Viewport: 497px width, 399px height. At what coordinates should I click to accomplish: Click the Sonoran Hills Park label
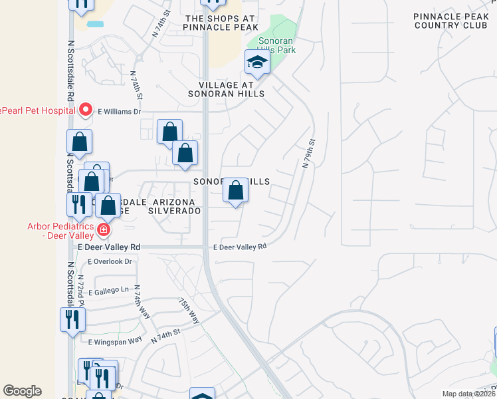click(x=277, y=45)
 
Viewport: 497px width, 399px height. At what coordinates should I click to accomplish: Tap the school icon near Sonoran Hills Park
click(x=257, y=64)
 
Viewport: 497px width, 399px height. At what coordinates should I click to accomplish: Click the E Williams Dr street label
click(x=120, y=112)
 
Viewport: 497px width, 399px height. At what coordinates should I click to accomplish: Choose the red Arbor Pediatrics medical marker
click(x=103, y=230)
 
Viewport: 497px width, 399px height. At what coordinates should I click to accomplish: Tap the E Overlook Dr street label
click(x=110, y=261)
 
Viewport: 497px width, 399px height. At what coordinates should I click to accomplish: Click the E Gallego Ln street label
click(x=106, y=290)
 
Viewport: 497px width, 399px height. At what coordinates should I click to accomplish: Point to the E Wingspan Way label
click(x=115, y=340)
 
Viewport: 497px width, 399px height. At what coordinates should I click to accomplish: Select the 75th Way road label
click(x=189, y=309)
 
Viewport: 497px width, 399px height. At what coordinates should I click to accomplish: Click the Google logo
click(x=22, y=391)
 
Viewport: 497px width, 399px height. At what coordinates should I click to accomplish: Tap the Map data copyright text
click(x=468, y=394)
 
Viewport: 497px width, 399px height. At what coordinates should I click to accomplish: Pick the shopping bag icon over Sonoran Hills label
click(x=235, y=192)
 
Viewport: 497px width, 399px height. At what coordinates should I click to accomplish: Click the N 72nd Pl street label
click(x=81, y=286)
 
